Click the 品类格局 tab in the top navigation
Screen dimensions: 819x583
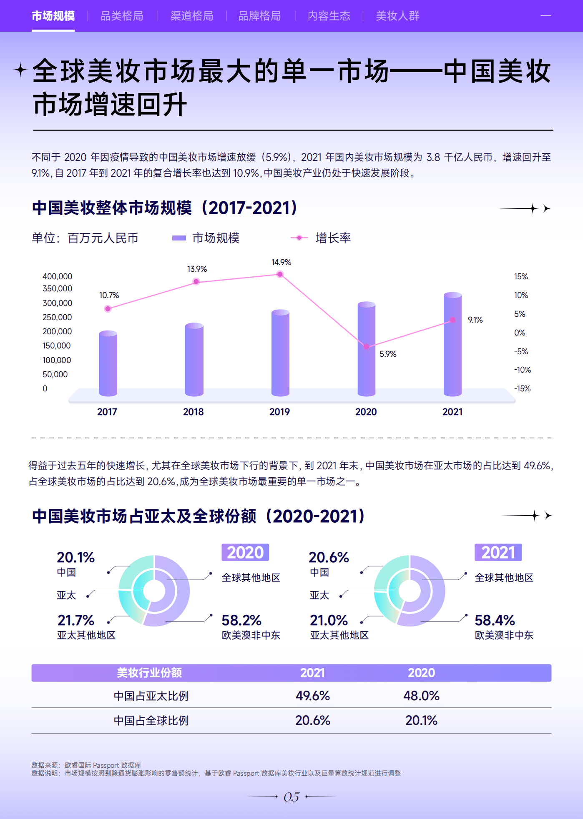click(x=122, y=16)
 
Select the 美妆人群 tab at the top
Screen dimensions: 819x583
click(x=397, y=16)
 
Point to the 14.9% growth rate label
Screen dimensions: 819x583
click(x=281, y=262)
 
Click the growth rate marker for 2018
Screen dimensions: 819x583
click(x=196, y=282)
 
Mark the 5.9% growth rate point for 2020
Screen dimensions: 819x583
click(x=367, y=346)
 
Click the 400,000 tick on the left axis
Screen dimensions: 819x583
click(x=57, y=276)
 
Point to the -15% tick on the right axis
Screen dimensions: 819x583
click(x=522, y=388)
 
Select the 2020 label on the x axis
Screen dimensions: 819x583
click(x=366, y=412)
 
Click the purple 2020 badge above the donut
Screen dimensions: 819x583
click(x=245, y=553)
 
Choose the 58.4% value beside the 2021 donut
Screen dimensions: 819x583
click(x=495, y=620)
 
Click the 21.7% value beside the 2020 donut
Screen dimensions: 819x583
click(x=76, y=620)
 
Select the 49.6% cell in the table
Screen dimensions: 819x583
click(x=313, y=696)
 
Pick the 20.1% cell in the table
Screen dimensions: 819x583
click(x=421, y=720)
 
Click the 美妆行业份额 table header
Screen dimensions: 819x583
click(x=149, y=673)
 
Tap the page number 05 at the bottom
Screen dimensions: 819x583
click(x=291, y=797)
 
